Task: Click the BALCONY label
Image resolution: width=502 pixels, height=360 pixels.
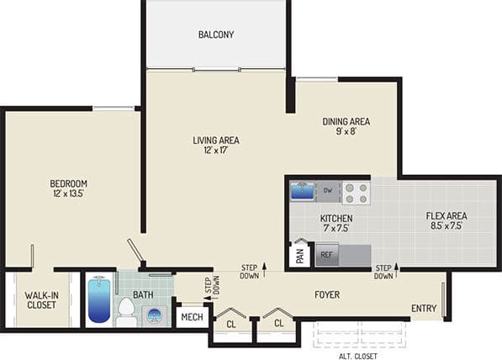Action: [x=216, y=34]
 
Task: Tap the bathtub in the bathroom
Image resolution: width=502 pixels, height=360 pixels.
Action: [x=99, y=301]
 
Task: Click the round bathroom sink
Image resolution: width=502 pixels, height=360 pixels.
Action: [x=156, y=315]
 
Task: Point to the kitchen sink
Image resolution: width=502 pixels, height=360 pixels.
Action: [x=302, y=190]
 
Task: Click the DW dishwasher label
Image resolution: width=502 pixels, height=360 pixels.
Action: [x=326, y=190]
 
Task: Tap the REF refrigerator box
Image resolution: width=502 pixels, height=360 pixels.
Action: [x=326, y=254]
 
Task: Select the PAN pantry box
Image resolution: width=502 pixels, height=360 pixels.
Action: [x=299, y=253]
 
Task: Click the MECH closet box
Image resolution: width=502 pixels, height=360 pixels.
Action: [x=193, y=318]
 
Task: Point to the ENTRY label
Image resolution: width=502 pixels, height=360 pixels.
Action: [x=424, y=309]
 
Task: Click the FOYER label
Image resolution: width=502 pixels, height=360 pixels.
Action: [x=327, y=295]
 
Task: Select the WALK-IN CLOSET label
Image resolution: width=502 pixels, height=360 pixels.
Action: [x=40, y=299]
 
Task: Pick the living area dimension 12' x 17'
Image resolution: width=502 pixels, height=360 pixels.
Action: [x=216, y=151]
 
